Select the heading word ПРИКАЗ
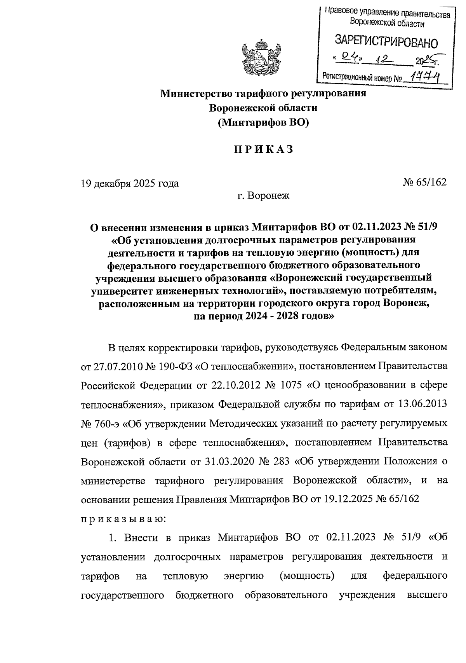pos(263,150)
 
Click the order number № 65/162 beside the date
pos(425,182)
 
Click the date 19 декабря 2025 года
pos(130,183)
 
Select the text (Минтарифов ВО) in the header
pos(263,123)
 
